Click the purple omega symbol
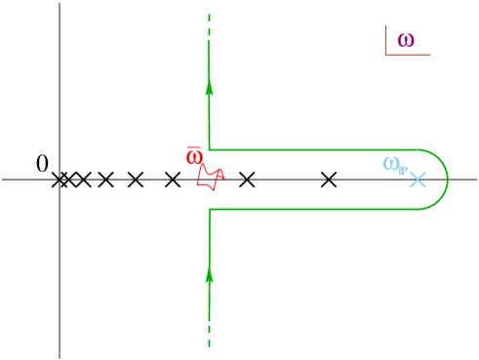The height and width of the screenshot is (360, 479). click(405, 41)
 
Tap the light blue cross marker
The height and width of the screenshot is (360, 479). click(418, 180)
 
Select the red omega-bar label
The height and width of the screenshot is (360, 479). click(194, 158)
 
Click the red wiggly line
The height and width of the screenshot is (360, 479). click(208, 178)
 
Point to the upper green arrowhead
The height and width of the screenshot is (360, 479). click(209, 89)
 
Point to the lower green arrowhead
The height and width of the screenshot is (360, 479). click(209, 275)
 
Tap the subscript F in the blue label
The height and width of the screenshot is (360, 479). click(402, 171)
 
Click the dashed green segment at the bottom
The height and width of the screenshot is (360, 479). click(209, 337)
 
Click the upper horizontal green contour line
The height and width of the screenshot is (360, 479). click(312, 149)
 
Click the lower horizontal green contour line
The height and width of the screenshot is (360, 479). click(312, 209)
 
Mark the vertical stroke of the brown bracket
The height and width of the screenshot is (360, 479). click(385, 39)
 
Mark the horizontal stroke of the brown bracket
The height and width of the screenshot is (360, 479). click(408, 55)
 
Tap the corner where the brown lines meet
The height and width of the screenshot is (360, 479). click(385, 55)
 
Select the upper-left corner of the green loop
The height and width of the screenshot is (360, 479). click(209, 149)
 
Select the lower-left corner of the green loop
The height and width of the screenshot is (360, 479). click(209, 209)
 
